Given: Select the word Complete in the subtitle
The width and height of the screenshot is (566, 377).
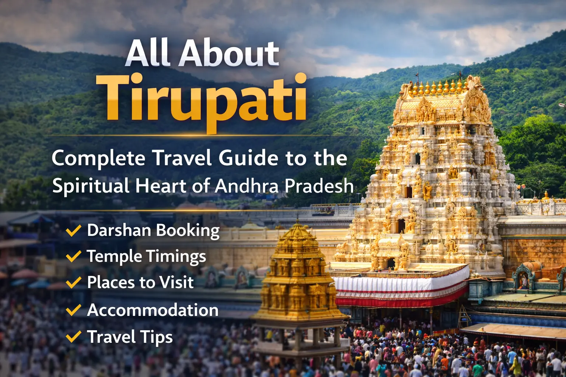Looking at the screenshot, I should [98, 158].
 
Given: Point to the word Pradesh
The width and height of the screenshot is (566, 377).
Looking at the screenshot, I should [319, 186].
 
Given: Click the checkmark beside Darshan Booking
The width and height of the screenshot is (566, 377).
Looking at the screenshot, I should [73, 231].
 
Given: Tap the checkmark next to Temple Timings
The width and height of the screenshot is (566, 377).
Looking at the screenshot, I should [73, 256].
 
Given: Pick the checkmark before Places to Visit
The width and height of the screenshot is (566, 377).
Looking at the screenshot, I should [73, 283].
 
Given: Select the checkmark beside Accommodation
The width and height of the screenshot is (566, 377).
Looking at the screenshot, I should [73, 310].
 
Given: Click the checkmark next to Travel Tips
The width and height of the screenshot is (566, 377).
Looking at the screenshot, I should [73, 337].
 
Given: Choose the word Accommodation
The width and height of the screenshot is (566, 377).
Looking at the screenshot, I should [153, 310].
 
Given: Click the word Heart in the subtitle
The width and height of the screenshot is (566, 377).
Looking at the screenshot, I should [161, 186].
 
